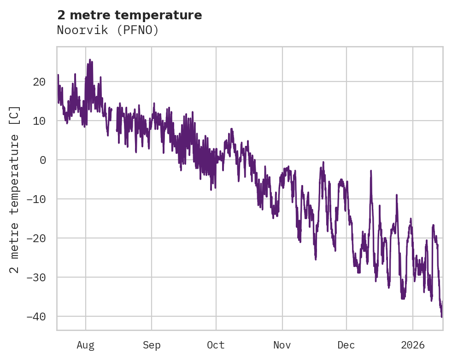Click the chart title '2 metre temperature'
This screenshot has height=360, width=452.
[x=129, y=15]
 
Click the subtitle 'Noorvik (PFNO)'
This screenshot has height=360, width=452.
[x=108, y=30]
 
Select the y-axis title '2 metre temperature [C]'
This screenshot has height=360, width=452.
[x=15, y=189]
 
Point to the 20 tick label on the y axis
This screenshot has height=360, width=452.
[x=39, y=82]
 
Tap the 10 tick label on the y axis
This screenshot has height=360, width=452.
[x=39, y=121]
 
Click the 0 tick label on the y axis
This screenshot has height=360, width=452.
[x=42, y=160]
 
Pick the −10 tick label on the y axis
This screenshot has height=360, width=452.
[x=36, y=199]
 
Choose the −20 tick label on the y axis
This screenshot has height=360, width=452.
[x=36, y=238]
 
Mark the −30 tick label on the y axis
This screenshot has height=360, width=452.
[x=36, y=277]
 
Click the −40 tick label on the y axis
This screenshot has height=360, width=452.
[x=36, y=316]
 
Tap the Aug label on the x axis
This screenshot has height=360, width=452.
[x=86, y=345]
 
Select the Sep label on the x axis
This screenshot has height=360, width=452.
[x=152, y=345]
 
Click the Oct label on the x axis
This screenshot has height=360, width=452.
[x=216, y=345]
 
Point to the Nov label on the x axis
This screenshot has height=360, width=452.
[x=282, y=345]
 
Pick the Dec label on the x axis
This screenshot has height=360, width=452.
[x=346, y=345]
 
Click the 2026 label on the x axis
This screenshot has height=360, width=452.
[x=412, y=345]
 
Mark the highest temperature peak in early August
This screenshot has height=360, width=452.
[x=90, y=59]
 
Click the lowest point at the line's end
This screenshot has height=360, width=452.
[x=441, y=317]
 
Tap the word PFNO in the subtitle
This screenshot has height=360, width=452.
[x=141, y=30]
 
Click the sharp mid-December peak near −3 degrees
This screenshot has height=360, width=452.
[x=371, y=171]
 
